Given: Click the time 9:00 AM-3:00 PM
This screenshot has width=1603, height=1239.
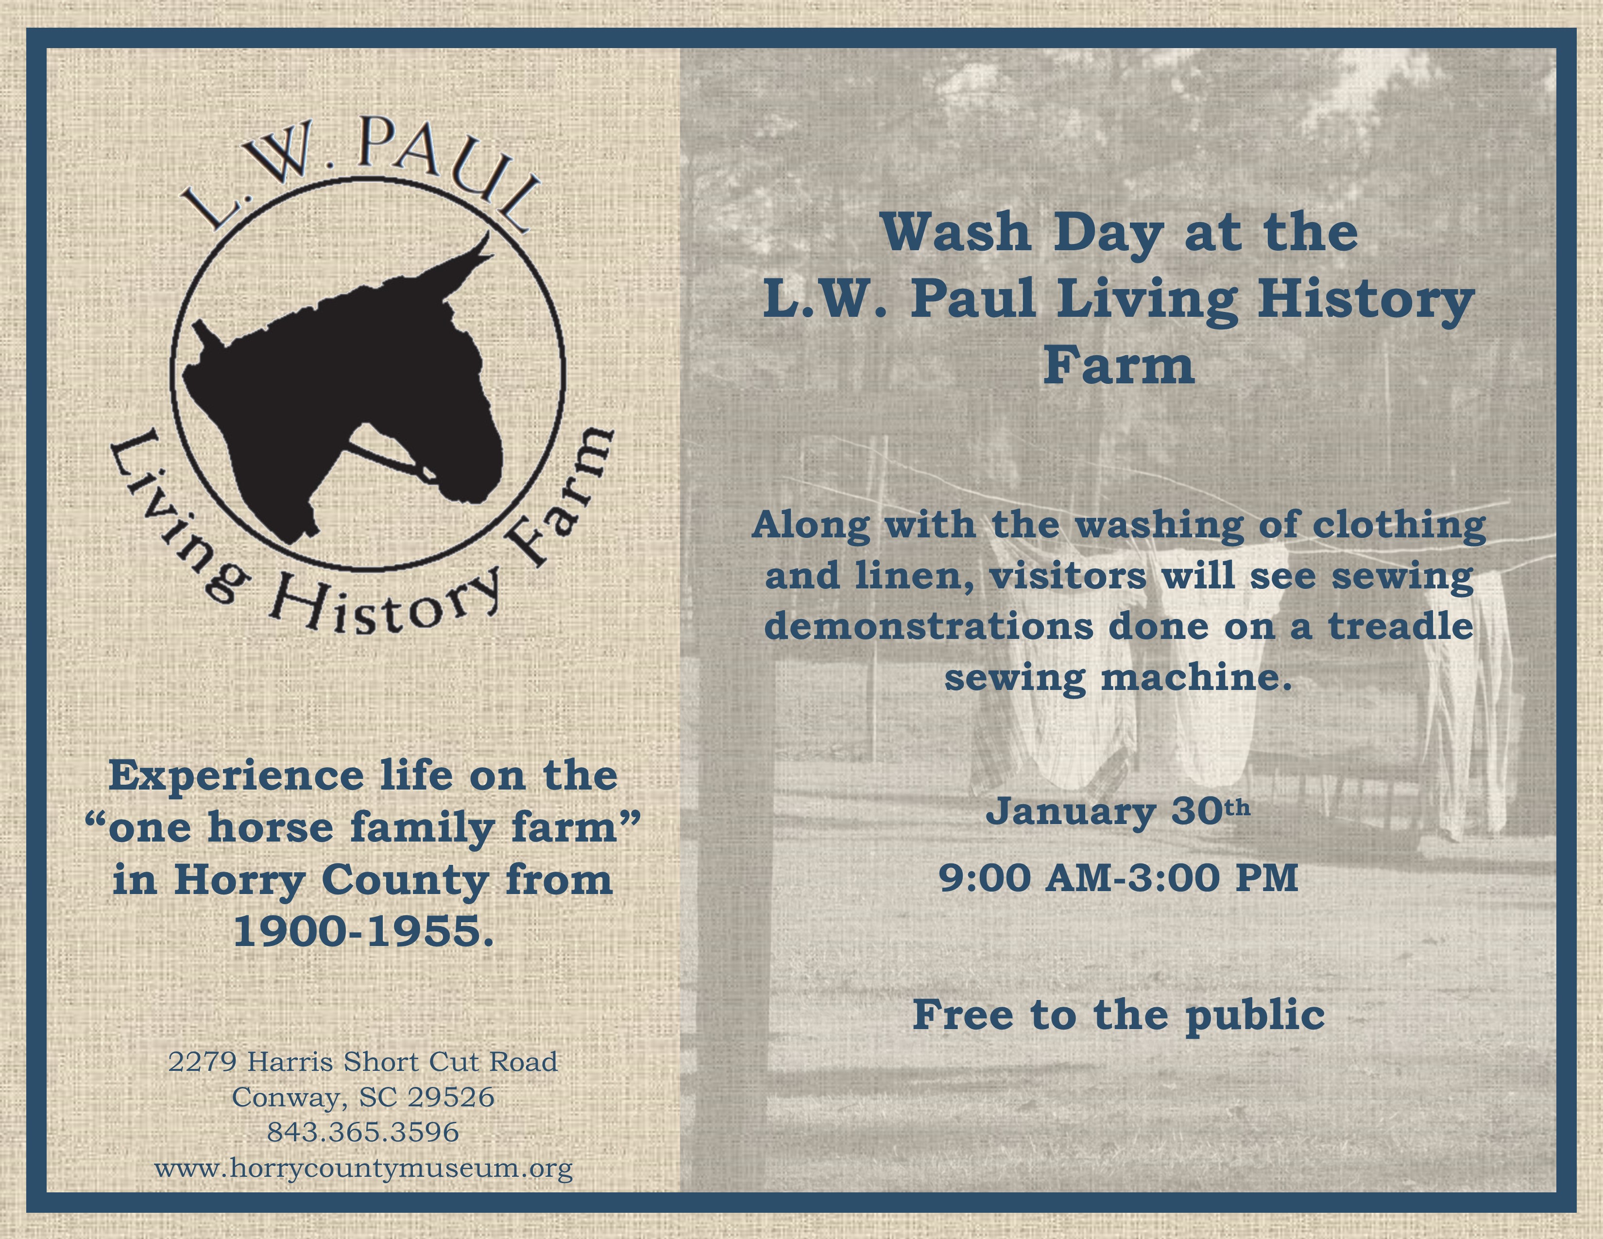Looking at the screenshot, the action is [x=1119, y=877].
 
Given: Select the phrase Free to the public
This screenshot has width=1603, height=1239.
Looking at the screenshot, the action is [x=1119, y=1015].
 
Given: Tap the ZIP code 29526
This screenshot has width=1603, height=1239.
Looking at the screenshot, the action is [x=451, y=1097].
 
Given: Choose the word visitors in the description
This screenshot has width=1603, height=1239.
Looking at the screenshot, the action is [x=1067, y=575].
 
